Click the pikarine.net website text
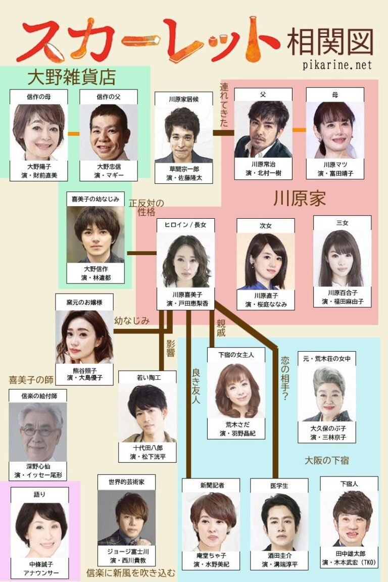(337, 65)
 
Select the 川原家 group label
(300, 199)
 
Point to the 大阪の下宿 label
(326, 461)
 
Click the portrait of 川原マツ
(335, 130)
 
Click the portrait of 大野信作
(95, 234)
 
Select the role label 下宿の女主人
(236, 355)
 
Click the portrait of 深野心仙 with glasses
(38, 431)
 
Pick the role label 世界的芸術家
(126, 482)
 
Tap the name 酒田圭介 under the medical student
(279, 555)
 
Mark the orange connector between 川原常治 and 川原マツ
(299, 130)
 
